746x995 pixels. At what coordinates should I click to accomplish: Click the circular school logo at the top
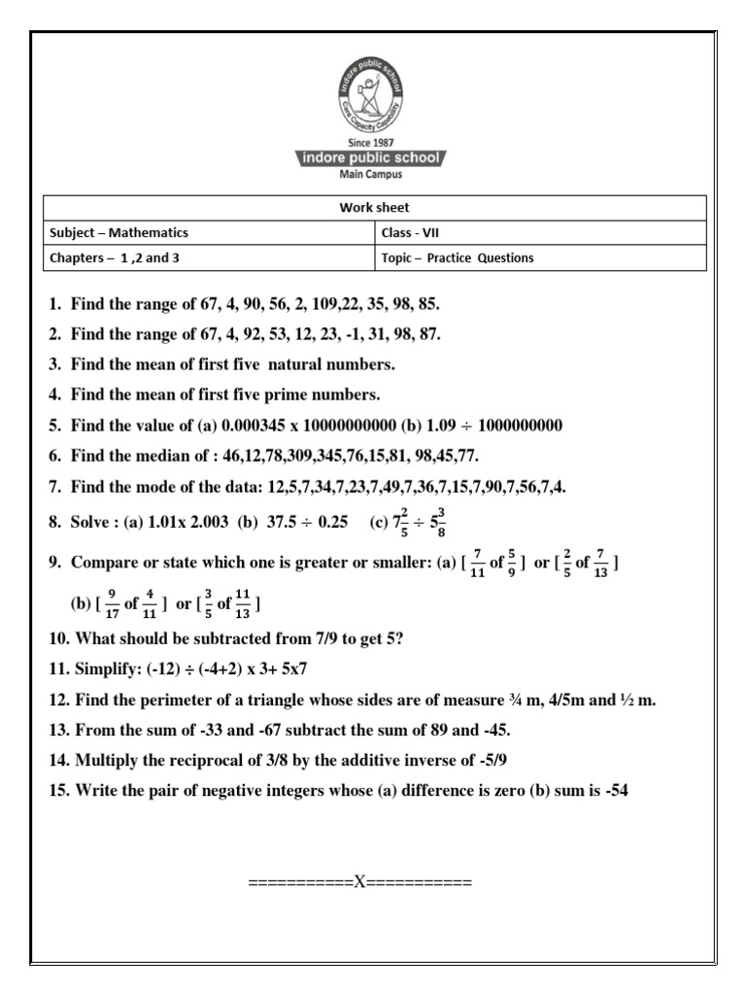click(x=374, y=96)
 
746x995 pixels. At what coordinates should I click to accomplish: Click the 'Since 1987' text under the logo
click(x=373, y=144)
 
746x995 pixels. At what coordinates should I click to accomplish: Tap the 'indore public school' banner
click(x=373, y=158)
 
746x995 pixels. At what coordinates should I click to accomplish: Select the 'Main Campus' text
click(x=373, y=175)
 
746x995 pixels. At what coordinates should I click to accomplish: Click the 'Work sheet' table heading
click(x=374, y=208)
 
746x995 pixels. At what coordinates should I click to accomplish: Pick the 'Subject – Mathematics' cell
click(x=118, y=233)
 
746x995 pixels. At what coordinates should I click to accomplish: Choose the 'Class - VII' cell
click(x=415, y=233)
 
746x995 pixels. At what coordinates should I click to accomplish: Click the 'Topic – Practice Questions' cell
click(x=458, y=258)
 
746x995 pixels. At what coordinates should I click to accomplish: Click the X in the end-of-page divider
click(x=359, y=883)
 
